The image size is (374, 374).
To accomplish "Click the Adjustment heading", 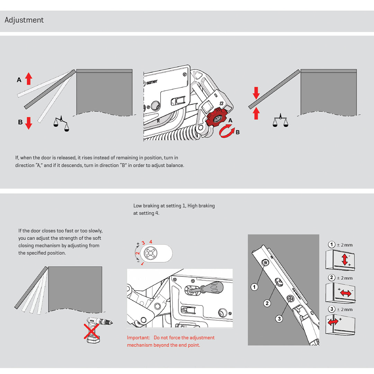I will coord(24,20).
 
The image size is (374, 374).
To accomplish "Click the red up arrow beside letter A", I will coord(29,79).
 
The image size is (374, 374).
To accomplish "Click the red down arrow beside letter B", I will coord(29,123).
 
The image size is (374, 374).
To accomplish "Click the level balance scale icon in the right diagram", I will coord(280,121).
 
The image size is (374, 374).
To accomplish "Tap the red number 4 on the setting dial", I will coord(151,242).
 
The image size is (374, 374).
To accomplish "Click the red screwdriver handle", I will coord(213,287).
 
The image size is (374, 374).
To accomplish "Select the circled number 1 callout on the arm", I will coord(255,287).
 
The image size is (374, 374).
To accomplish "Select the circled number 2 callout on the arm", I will coord(267,303).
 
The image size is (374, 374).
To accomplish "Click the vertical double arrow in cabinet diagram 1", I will coord(345,259).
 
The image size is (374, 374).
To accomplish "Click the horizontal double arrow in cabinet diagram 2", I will coord(345,293).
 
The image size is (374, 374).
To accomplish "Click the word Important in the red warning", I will coord(138,338).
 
